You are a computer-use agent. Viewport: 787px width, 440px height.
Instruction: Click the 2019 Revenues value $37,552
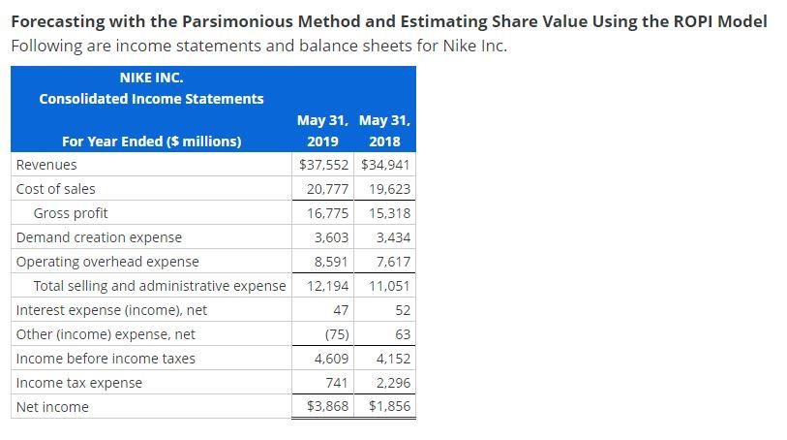click(324, 165)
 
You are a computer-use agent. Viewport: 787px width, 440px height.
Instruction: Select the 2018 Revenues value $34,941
click(386, 165)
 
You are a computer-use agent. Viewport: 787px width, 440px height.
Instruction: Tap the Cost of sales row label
click(56, 189)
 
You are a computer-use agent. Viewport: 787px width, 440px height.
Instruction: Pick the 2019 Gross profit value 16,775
click(327, 213)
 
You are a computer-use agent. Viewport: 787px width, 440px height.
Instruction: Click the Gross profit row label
click(71, 213)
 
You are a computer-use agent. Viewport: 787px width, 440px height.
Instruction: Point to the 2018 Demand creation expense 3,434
click(392, 237)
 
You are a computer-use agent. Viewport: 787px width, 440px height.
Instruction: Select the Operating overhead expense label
click(107, 262)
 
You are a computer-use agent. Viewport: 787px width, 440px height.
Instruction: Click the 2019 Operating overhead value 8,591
click(331, 262)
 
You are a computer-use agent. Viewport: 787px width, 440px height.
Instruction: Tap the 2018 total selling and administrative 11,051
click(389, 286)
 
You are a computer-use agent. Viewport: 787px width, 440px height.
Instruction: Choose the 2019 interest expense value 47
click(340, 310)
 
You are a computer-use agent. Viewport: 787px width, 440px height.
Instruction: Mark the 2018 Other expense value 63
click(403, 334)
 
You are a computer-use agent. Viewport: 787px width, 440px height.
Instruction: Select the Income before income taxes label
click(106, 359)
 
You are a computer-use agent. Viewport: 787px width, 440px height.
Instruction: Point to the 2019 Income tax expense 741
click(336, 383)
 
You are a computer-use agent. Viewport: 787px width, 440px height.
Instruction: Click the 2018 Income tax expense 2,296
click(392, 383)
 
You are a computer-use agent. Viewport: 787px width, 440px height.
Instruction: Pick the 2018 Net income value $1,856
click(389, 407)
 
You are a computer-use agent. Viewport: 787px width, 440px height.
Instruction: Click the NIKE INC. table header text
click(151, 78)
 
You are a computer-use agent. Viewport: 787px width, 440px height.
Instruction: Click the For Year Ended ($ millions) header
click(152, 141)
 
